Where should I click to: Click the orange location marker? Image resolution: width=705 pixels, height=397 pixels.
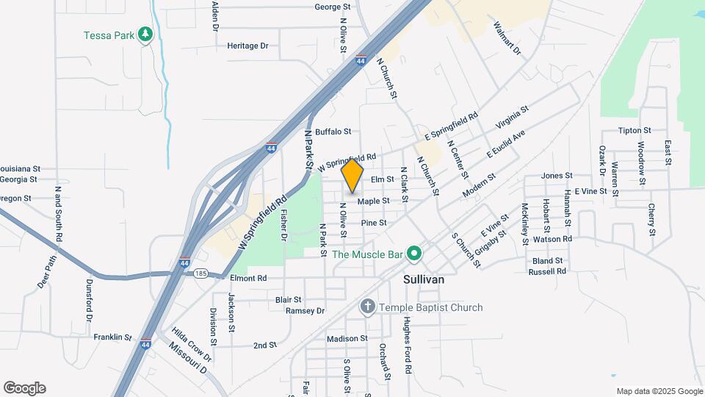[352, 176]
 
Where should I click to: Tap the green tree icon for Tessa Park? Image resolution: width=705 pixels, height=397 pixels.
[145, 34]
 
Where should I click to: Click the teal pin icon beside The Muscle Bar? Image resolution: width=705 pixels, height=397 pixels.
[413, 254]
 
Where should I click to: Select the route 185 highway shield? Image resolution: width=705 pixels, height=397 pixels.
[201, 273]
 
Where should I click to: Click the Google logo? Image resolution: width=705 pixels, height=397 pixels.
[24, 388]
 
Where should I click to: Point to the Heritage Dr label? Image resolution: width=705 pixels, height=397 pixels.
[247, 46]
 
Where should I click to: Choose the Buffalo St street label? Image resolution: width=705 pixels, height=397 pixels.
[333, 132]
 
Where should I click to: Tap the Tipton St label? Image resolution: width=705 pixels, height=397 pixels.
[630, 131]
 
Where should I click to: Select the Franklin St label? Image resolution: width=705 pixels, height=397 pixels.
[112, 337]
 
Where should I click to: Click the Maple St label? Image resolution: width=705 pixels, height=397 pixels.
[373, 201]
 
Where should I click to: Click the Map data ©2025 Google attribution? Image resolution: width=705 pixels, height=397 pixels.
[659, 391]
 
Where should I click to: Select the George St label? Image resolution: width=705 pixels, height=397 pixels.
[333, 7]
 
